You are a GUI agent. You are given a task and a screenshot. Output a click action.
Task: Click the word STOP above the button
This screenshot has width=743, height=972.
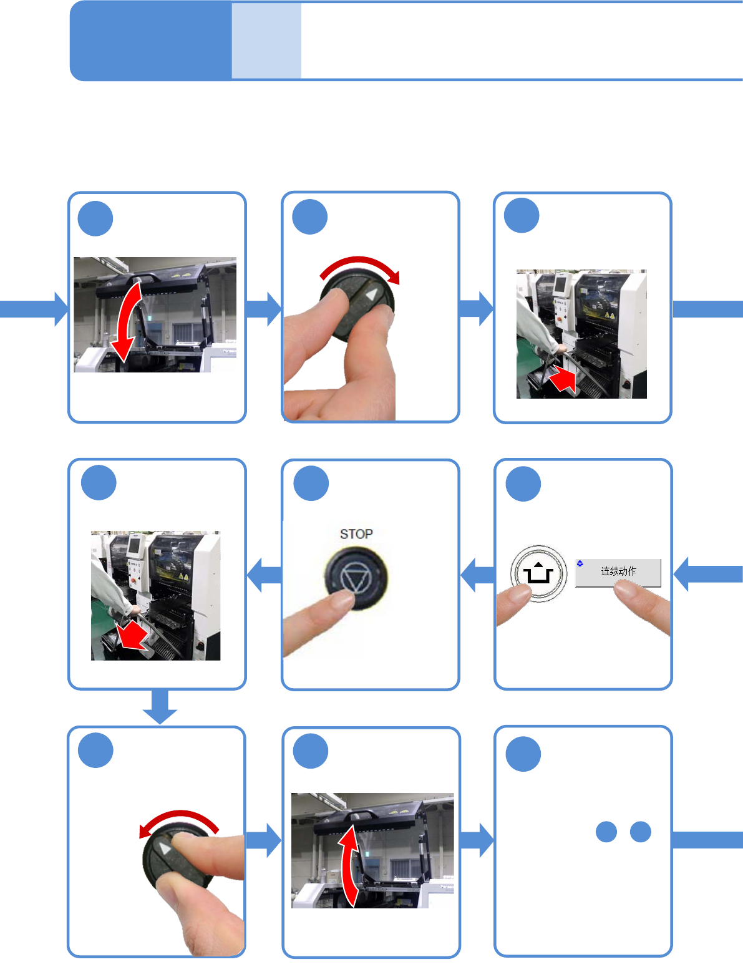point(356,534)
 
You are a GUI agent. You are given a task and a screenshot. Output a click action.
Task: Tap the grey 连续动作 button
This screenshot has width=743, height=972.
point(618,572)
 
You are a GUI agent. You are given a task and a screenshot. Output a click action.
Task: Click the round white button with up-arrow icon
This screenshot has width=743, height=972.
point(538,573)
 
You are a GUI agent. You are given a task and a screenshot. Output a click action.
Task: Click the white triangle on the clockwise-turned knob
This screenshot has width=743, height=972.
point(372,294)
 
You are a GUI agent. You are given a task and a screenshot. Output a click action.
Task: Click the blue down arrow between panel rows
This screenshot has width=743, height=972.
point(160,707)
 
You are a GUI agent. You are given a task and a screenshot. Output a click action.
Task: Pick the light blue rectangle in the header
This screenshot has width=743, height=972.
point(266,41)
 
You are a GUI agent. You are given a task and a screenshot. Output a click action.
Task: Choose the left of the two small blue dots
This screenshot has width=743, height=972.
point(606,832)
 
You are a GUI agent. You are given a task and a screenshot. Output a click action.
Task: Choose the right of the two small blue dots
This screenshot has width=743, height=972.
point(641,832)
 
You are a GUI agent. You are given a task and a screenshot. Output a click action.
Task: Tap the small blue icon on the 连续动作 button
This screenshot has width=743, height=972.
point(580,563)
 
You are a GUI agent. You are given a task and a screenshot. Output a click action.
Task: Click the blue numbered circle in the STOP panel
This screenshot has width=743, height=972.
point(311,484)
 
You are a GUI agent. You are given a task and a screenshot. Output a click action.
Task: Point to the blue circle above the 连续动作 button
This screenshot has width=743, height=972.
point(523,484)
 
